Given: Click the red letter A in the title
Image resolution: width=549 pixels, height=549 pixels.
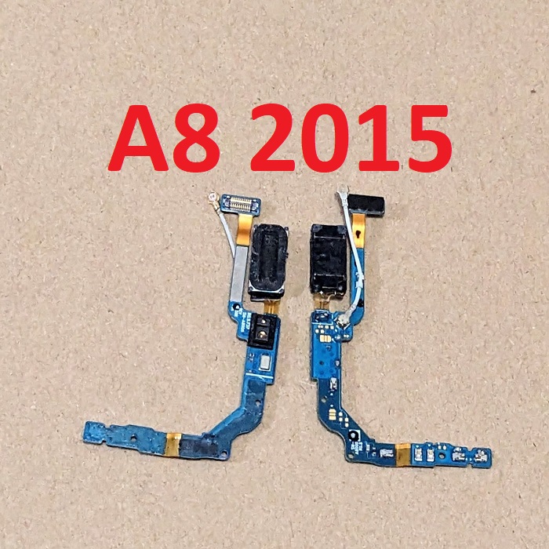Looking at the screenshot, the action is [138, 137].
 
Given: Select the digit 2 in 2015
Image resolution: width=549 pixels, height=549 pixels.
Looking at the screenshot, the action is [272, 137].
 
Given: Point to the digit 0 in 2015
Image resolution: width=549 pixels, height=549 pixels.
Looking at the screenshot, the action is [325, 138].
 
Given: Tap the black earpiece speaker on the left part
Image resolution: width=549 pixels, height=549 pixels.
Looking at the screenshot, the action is [268, 261].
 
